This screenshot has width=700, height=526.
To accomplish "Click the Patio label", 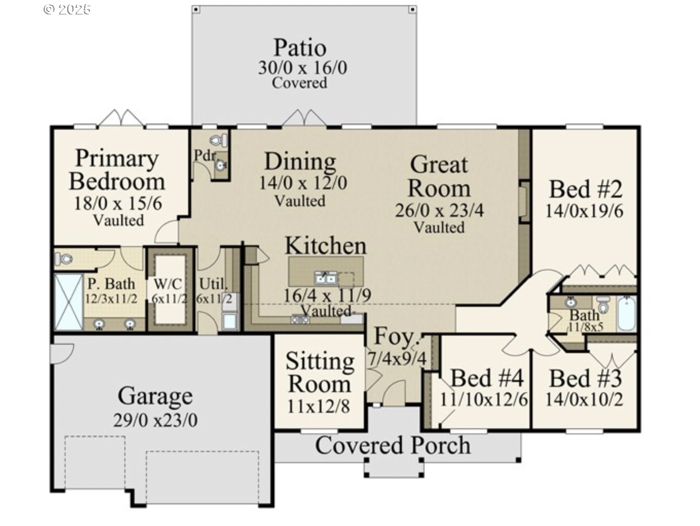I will click(x=300, y=47).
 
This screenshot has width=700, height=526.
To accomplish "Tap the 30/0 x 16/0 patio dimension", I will click(x=302, y=67).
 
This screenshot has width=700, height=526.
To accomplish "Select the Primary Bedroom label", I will click(x=117, y=170).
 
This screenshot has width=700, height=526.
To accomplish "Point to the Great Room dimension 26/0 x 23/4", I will click(x=439, y=210).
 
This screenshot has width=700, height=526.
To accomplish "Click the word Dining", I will click(x=300, y=162).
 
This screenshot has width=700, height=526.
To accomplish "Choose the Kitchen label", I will click(x=325, y=246).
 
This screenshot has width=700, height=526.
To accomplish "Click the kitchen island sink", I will click(x=325, y=278).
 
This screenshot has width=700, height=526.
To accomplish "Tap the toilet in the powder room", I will click(x=220, y=139).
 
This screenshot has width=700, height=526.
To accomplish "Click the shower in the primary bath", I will click(x=68, y=302).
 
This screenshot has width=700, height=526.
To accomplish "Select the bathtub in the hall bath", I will click(x=627, y=313).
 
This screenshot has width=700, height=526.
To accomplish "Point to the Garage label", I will click(x=155, y=396).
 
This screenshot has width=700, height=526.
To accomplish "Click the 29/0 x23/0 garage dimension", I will click(x=155, y=420).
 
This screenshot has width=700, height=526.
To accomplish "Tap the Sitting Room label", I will click(x=320, y=372).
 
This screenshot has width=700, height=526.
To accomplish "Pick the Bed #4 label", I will click(x=487, y=378).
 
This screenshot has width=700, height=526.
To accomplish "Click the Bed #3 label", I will click(x=585, y=378).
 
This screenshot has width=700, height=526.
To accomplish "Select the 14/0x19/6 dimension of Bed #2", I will click(x=584, y=211).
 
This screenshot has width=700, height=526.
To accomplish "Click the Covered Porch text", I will click(x=393, y=445).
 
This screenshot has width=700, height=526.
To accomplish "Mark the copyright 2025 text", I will click(x=67, y=9).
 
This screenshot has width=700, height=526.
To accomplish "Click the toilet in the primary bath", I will click(x=64, y=259).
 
